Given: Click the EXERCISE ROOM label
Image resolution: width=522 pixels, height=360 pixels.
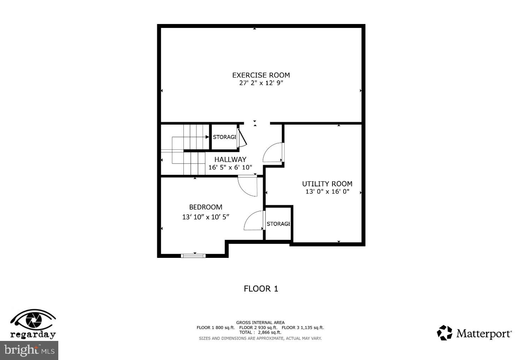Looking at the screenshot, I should point(261,75).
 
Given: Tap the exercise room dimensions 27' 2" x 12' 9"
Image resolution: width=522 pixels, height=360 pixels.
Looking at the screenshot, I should point(261,83).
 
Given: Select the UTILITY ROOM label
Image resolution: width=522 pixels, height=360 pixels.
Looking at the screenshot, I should point(327,184).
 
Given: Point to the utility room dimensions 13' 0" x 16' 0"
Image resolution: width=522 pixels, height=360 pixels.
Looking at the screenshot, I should point(327,192).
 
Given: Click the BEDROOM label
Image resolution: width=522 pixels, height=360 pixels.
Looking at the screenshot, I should point(205,207).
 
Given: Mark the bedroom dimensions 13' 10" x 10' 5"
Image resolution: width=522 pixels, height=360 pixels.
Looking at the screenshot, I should point(205,217).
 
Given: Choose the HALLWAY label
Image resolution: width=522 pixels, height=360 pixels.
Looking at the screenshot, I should point(230,159).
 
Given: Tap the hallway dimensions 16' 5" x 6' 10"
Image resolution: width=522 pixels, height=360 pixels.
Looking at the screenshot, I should point(230,167).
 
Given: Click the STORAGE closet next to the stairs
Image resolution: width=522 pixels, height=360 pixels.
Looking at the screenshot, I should point(224,137).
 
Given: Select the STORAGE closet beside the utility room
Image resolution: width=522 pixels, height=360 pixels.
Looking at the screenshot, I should point(278,224).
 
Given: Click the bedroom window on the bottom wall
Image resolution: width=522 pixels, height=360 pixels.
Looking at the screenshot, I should point(193,255).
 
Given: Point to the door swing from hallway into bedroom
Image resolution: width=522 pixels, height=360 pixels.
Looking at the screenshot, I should point(248,186).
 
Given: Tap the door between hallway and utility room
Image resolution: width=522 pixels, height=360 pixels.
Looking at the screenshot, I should point(274,153).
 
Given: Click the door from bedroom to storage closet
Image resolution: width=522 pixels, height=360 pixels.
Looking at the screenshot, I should point(254,221).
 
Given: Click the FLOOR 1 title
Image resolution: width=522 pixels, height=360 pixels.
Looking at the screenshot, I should point(261,289).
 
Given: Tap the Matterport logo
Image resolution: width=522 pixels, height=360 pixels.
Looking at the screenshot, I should point(474,333).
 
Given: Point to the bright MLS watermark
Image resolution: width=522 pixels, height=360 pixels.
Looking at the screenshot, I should point(29,350).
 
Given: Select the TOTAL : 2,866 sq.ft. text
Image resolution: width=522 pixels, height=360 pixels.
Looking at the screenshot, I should point(260,332).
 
